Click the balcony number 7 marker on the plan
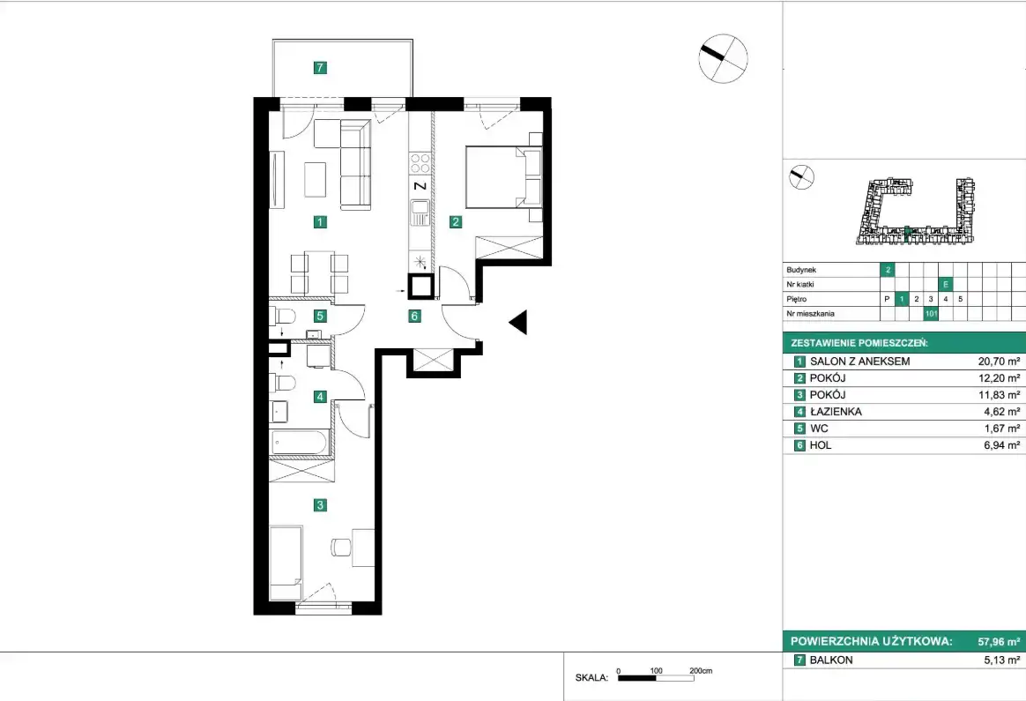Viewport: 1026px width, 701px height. pyautogui.click(x=320, y=67)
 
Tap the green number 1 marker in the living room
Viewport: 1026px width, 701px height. pyautogui.click(x=319, y=222)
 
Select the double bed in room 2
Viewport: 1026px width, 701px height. pyautogui.click(x=504, y=177)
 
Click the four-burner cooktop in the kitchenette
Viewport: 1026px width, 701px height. pyautogui.click(x=420, y=164)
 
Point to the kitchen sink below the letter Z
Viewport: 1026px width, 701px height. pyautogui.click(x=420, y=213)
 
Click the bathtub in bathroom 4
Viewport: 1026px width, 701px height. pyautogui.click(x=299, y=442)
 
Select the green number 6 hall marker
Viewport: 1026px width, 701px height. pyautogui.click(x=414, y=317)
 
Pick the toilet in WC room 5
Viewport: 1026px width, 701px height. pyautogui.click(x=283, y=316)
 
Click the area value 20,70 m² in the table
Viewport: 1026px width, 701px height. pyautogui.click(x=999, y=362)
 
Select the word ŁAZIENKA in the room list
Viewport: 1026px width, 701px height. pyautogui.click(x=836, y=412)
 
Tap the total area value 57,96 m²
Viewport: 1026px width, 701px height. pyautogui.click(x=999, y=642)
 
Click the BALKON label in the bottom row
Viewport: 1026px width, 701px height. pyautogui.click(x=831, y=660)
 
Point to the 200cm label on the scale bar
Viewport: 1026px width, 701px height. pyautogui.click(x=701, y=671)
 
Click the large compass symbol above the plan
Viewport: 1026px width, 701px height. pyautogui.click(x=723, y=58)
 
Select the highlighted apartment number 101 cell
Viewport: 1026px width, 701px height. pyautogui.click(x=931, y=314)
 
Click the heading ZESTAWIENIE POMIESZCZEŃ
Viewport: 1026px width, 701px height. pyautogui.click(x=859, y=343)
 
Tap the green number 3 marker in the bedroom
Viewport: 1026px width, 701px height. pyautogui.click(x=320, y=504)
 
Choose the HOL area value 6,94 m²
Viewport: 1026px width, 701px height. pyautogui.click(x=1001, y=445)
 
